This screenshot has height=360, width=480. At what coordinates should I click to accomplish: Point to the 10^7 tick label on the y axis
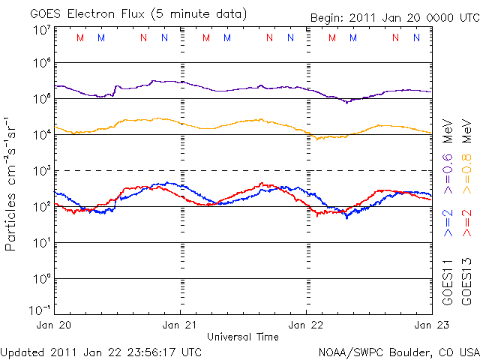point(41,30)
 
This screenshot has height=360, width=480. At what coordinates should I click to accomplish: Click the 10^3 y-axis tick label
point(41,171)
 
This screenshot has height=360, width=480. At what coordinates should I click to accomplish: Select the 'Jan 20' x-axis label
point(55,325)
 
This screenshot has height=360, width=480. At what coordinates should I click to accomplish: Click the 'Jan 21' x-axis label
point(181,325)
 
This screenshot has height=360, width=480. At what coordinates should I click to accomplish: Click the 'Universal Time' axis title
point(243,336)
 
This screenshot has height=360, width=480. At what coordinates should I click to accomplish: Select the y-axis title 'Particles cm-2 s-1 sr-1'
point(13,182)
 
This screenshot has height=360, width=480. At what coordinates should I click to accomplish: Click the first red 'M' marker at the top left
point(80,37)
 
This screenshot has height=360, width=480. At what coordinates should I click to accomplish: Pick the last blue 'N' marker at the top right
point(415,37)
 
